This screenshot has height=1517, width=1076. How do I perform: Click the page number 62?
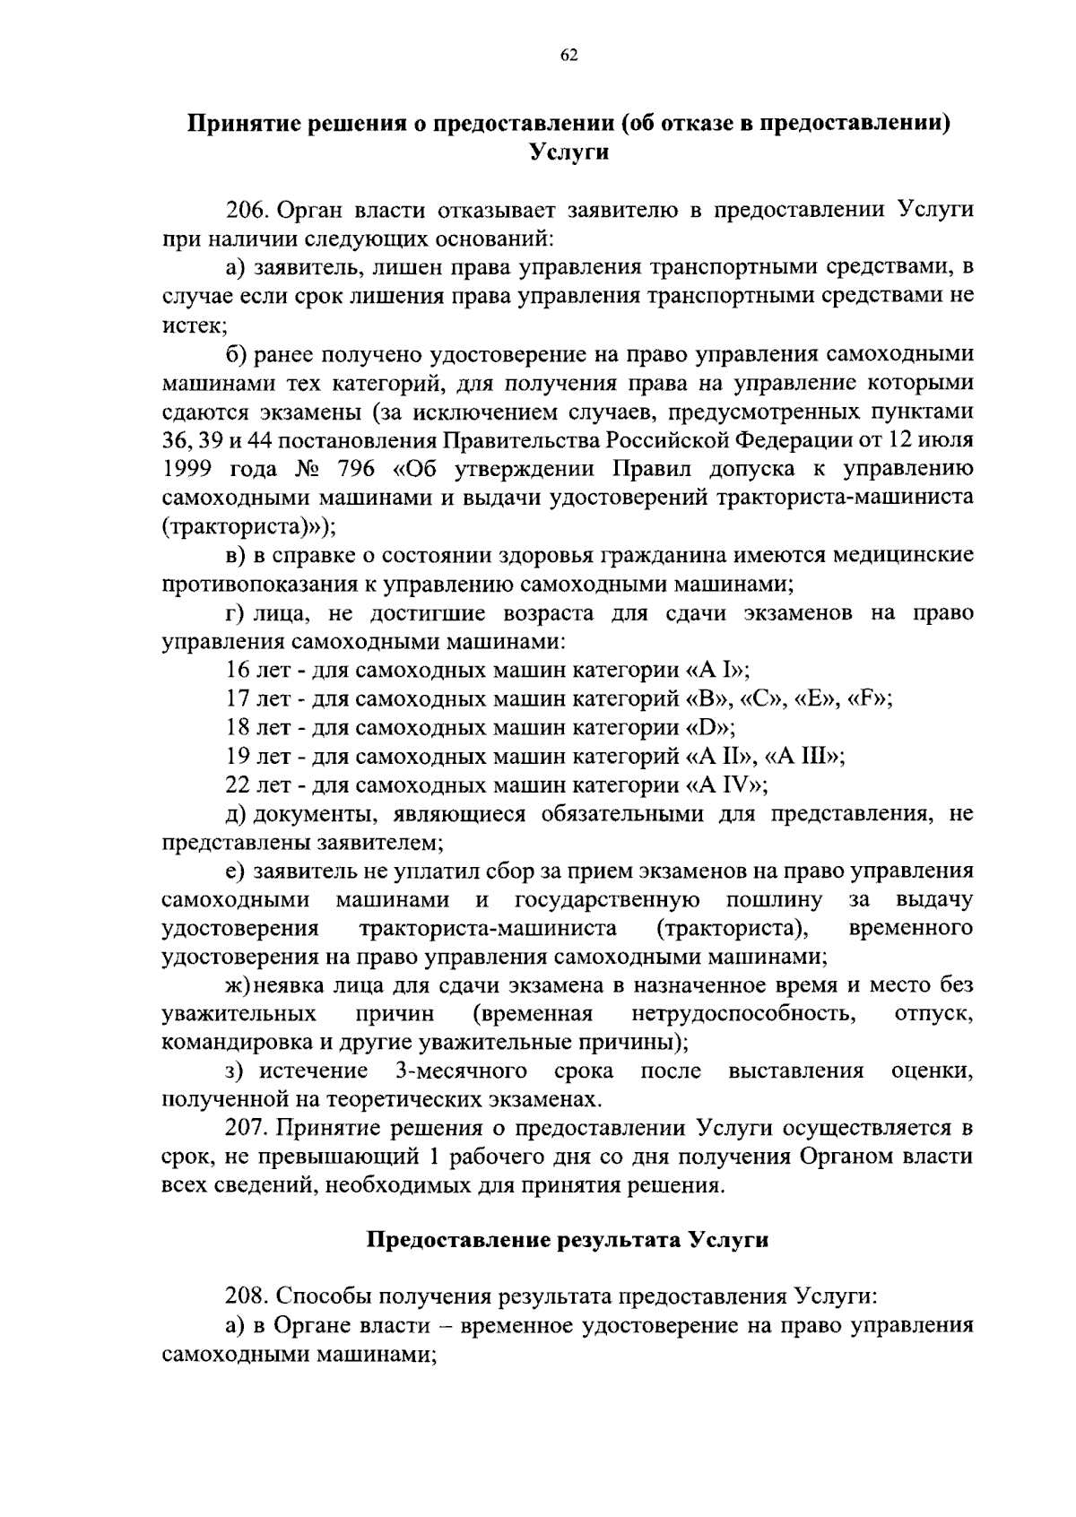click(x=568, y=56)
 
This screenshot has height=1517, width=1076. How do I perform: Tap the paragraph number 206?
click(x=247, y=211)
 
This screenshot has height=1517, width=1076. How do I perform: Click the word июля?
click(x=944, y=441)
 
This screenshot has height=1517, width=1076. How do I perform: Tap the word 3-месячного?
click(x=460, y=1071)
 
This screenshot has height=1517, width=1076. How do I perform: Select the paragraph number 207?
click(x=247, y=1128)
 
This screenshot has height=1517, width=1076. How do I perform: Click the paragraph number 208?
click(x=247, y=1297)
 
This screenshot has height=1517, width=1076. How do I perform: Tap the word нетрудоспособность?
click(x=742, y=1014)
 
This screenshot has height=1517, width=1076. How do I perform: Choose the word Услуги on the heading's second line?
click(x=568, y=152)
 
